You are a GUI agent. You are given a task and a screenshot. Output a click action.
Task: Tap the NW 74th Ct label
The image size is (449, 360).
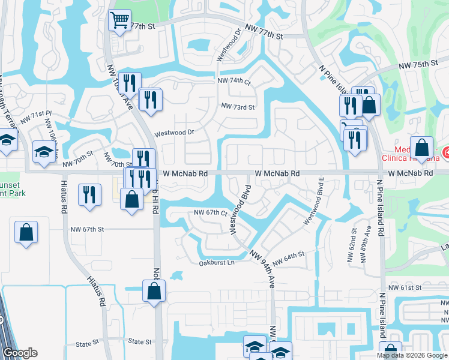coord(234,80)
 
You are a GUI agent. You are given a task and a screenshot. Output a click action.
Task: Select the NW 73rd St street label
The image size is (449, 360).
coord(238,107)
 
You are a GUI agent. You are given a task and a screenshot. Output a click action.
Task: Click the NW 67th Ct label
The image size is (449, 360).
coord(210,213)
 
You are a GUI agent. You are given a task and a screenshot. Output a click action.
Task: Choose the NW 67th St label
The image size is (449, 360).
coord(87,229)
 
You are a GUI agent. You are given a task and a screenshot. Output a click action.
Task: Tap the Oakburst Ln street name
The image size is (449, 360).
coord(217,262)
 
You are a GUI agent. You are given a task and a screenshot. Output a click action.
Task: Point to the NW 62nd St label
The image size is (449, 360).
coord(351,246)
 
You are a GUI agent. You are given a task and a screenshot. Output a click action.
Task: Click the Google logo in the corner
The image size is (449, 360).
coord(20,353)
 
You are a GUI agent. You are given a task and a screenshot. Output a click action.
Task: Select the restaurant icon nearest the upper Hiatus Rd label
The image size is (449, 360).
coord(90,194)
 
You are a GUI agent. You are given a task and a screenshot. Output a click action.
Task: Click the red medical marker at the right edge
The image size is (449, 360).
coord(445,154)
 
